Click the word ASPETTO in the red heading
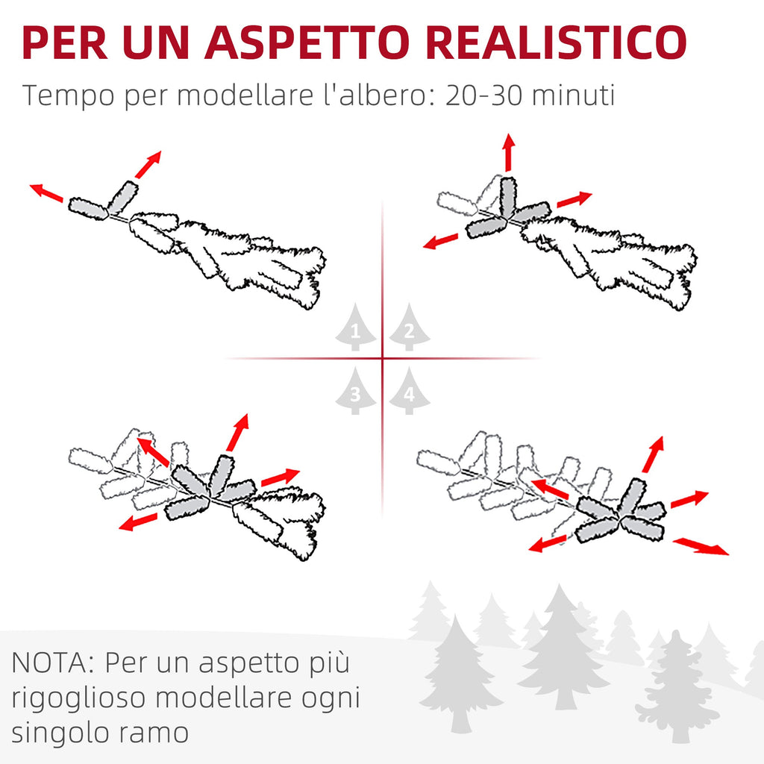point(307,43)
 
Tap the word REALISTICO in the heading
point(556,43)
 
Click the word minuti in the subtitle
point(573,95)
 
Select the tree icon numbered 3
point(355,390)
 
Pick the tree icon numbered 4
point(410,390)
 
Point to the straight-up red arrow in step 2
point(509,152)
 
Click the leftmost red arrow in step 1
point(46,192)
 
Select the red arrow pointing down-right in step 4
point(701,546)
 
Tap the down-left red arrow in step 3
point(138,522)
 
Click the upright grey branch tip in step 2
point(507,196)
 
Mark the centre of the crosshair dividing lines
point(383,359)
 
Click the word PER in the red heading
point(64,43)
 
